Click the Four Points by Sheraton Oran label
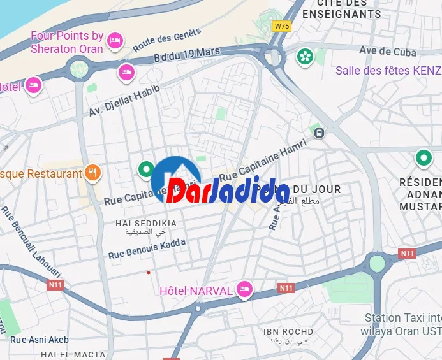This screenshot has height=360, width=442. tap(67, 42)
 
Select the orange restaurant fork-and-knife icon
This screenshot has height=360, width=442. tap(93, 173)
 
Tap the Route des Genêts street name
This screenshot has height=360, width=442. tap(167, 40)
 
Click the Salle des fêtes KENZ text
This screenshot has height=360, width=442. tap(388, 71)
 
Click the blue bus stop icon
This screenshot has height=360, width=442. tap(319, 133)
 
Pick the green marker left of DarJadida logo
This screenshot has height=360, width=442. tap(146, 169)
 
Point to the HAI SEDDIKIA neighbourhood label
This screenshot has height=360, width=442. tap(146, 223)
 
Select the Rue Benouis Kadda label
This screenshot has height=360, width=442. tap(147, 248)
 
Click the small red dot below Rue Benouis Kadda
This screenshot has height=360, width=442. tap(149, 273)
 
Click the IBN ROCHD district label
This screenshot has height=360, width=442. tap(289, 332)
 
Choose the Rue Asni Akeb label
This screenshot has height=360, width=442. tap(40, 340)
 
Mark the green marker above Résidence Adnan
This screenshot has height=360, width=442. tap(423, 157)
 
